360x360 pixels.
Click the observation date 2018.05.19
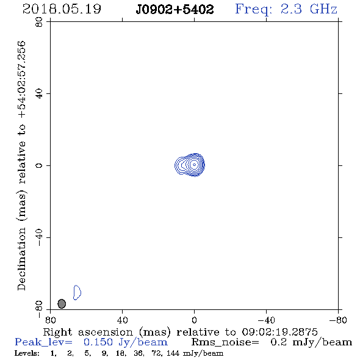(x=62, y=9)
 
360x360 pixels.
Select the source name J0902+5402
(x=175, y=10)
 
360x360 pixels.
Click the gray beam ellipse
(x=62, y=304)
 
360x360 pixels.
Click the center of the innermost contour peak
(x=194, y=164)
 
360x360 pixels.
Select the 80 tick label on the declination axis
(x=39, y=22)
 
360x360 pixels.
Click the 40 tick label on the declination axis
(x=39, y=94)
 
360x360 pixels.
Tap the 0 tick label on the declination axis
(x=39, y=165)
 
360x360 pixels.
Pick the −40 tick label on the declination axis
(x=39, y=237)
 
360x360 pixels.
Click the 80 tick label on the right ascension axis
(x=50, y=320)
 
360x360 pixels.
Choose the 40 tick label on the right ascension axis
(x=122, y=320)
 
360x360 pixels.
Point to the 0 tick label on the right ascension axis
(x=194, y=320)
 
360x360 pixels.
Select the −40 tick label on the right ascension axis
(x=266, y=320)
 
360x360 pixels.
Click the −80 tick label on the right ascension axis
(x=338, y=320)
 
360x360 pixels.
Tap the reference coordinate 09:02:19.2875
(x=279, y=332)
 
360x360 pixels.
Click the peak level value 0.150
(x=98, y=342)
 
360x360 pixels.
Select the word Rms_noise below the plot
(x=225, y=342)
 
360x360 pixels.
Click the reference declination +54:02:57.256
(x=22, y=79)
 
